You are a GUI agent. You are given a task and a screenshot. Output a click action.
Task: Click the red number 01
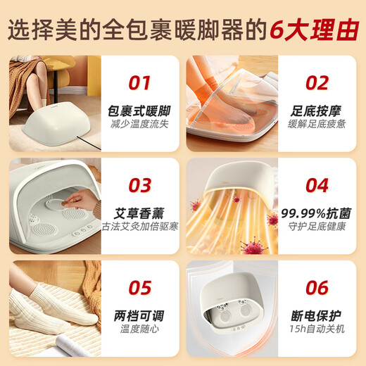point(139,83)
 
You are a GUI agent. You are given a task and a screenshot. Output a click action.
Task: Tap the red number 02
point(317,83)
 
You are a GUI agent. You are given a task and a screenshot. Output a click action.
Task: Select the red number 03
point(140,185)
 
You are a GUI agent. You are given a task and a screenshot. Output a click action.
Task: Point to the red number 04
point(317,185)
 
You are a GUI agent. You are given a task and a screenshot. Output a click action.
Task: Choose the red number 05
point(140,287)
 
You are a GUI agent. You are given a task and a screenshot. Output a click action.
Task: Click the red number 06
point(317,287)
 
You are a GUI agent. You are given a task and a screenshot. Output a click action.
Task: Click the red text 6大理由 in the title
point(315,30)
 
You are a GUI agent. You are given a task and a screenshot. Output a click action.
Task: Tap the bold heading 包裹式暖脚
point(139,111)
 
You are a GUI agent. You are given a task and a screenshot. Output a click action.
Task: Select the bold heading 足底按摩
point(316,111)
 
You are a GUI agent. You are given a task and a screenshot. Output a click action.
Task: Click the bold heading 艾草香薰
point(139,213)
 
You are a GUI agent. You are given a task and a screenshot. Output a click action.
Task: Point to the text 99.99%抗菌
point(316,213)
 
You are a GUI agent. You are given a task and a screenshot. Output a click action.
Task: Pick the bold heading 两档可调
point(139,316)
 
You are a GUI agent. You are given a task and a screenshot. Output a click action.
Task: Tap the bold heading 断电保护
point(316,316)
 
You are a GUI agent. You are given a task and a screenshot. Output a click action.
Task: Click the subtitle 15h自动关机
point(317,329)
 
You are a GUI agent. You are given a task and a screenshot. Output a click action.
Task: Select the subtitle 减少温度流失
point(139,124)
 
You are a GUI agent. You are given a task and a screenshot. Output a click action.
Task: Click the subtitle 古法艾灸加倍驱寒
point(140,227)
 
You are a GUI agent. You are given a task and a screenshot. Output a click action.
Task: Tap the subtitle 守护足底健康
point(317,227)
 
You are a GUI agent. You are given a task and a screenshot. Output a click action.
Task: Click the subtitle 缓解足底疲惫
point(317,124)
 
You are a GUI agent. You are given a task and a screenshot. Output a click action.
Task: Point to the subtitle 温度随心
point(139,329)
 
